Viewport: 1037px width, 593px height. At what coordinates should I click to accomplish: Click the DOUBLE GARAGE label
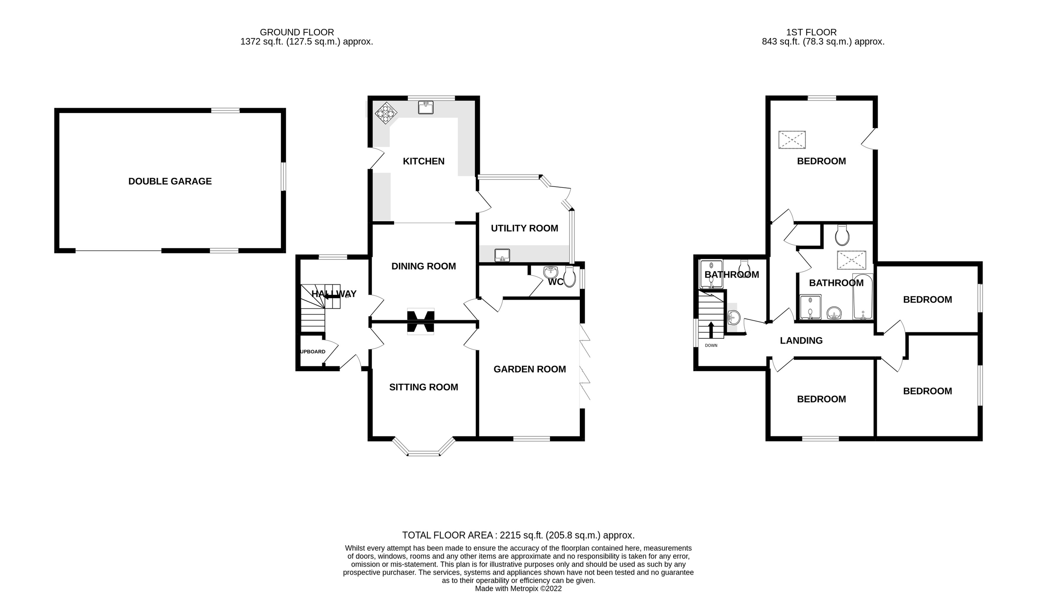(x=170, y=181)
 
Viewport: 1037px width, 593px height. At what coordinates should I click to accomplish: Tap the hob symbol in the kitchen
(x=385, y=113)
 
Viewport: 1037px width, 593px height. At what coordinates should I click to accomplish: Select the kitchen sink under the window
(x=426, y=107)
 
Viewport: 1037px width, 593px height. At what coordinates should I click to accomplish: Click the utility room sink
(x=502, y=255)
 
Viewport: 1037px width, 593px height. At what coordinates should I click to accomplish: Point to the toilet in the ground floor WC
(x=570, y=277)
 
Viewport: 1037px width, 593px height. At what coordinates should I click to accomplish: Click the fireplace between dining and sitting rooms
(x=420, y=322)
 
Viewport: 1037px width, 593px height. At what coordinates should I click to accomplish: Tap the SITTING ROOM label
(x=423, y=387)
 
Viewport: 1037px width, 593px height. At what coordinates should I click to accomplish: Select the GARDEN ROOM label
(x=530, y=369)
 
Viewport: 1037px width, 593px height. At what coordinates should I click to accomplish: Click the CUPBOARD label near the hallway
(x=312, y=352)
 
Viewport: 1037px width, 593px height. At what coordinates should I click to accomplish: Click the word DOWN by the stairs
(x=711, y=345)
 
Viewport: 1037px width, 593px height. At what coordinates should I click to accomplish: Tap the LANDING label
(x=801, y=341)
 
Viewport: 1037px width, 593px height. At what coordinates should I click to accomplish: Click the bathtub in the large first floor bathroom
(x=863, y=297)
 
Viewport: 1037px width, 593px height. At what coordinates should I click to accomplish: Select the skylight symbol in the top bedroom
(x=792, y=140)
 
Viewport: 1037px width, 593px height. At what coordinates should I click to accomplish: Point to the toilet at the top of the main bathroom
(x=842, y=235)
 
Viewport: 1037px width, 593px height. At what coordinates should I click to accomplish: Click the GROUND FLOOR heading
(x=297, y=32)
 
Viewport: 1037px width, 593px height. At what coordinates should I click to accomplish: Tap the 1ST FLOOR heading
(x=811, y=32)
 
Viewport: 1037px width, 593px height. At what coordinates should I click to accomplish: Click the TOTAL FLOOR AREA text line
(x=518, y=535)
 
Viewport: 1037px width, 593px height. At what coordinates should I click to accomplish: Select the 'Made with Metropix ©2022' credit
(x=518, y=588)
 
